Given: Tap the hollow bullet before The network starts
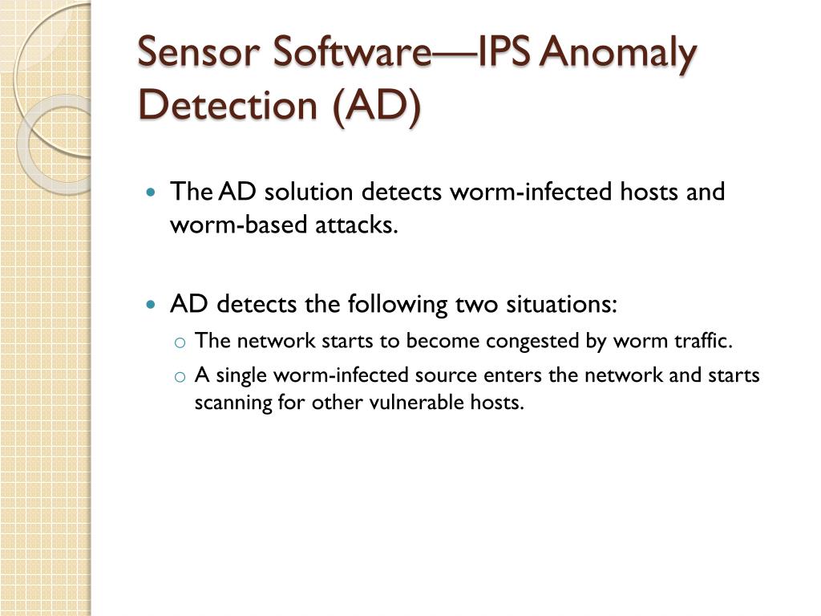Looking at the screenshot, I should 180,342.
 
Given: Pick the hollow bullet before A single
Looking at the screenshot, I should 180,377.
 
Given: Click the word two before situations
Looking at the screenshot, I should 476,305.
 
